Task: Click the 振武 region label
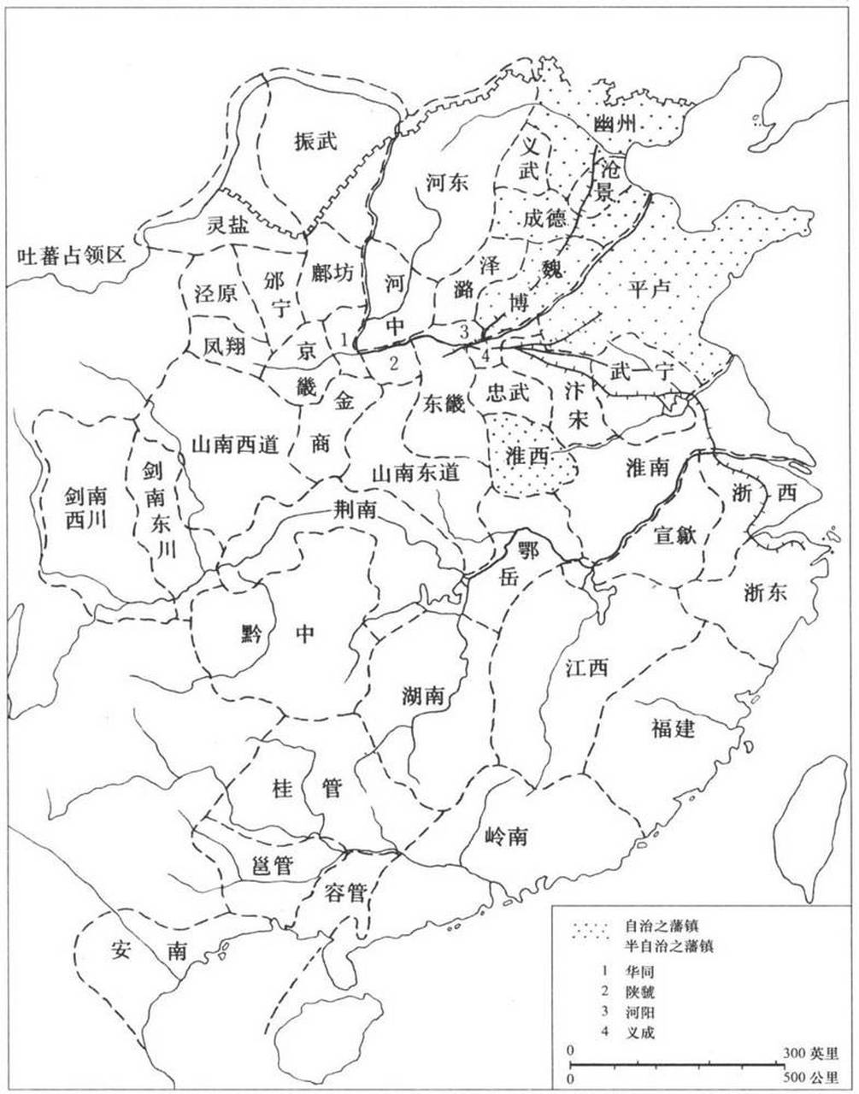315,141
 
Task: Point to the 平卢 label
651,289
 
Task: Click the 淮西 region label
528,456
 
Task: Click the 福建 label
673,728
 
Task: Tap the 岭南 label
504,837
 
